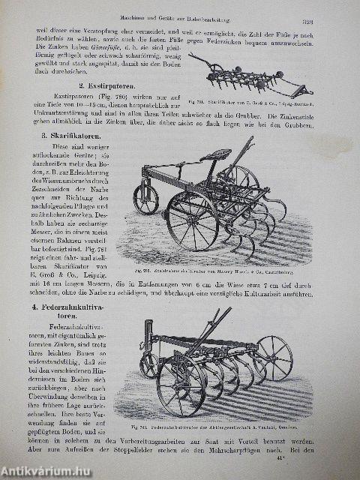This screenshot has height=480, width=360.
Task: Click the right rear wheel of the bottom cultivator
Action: pos(274,358)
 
